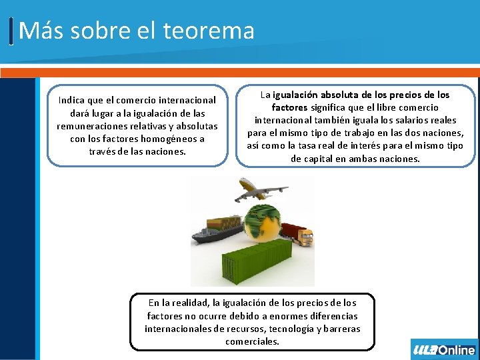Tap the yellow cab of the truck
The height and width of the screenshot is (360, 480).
(x=305, y=237)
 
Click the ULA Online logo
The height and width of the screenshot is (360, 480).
(x=444, y=349)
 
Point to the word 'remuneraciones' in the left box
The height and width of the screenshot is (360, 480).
(x=91, y=126)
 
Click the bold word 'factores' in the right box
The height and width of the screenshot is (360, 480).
(x=289, y=107)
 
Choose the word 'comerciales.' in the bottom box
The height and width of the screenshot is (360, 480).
(x=252, y=341)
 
